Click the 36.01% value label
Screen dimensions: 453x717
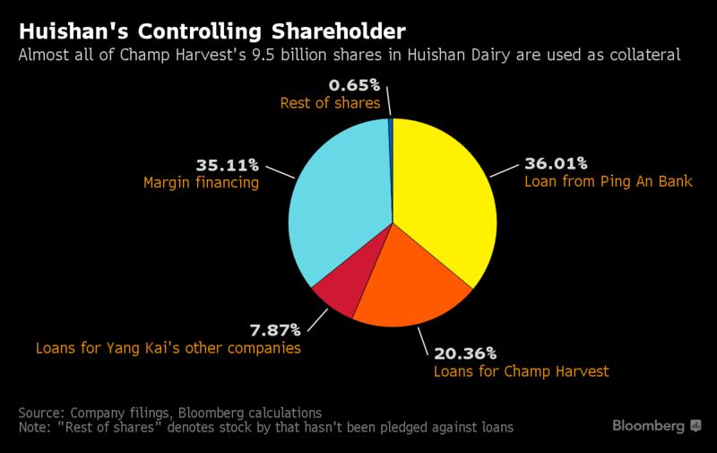[556, 165]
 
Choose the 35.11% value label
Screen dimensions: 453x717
[226, 165]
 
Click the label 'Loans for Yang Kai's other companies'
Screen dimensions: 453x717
[168, 347]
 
